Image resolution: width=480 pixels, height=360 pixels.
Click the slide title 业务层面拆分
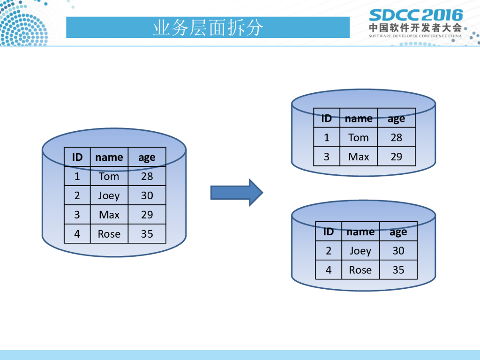(208, 28)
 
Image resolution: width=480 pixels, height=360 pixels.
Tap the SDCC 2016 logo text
(415, 15)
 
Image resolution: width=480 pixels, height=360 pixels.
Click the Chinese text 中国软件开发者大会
(415, 27)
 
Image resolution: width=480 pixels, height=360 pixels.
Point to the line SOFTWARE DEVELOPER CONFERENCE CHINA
(415, 36)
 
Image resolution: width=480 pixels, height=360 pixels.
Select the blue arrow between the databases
(236, 192)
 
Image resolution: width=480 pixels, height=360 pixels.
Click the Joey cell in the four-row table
(109, 195)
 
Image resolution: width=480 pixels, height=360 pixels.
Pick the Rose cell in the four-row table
(109, 234)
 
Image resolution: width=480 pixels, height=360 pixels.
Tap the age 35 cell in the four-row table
(147, 234)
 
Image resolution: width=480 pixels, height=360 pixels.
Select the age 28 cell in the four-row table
(147, 176)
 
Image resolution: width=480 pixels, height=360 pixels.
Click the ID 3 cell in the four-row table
(77, 215)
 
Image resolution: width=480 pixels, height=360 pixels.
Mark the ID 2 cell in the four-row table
(77, 195)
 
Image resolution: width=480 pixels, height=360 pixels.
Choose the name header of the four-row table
(109, 157)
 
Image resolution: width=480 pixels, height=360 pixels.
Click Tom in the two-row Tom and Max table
(359, 137)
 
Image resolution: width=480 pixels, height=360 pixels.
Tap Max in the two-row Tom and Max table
(359, 157)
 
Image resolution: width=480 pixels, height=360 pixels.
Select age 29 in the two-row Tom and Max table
(397, 157)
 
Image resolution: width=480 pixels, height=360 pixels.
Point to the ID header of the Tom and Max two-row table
(326, 118)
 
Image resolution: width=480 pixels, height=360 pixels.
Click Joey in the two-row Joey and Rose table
(360, 251)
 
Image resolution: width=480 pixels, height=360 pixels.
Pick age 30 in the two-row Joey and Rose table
(398, 251)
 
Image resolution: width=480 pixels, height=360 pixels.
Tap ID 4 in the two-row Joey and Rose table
(328, 270)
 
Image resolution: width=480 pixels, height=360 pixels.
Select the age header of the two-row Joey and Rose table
(398, 232)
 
